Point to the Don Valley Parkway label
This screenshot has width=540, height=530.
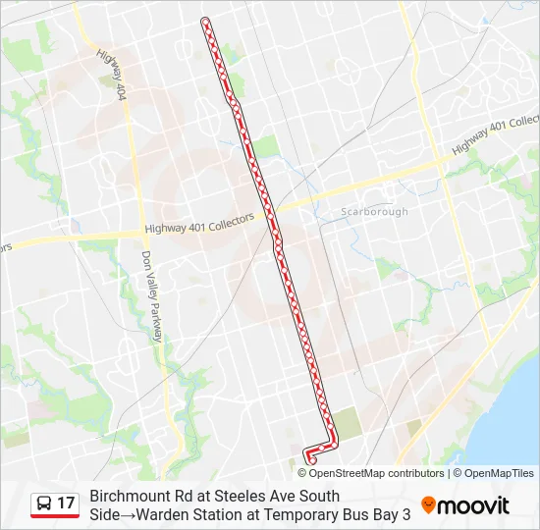151,295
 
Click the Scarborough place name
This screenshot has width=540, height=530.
374,212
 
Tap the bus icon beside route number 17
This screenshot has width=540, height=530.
43,503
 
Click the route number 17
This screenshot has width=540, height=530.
66,503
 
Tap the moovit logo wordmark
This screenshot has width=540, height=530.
473,505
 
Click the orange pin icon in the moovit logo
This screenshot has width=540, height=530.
428,505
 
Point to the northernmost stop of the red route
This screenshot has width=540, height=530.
204,21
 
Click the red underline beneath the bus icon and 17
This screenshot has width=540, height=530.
54,516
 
